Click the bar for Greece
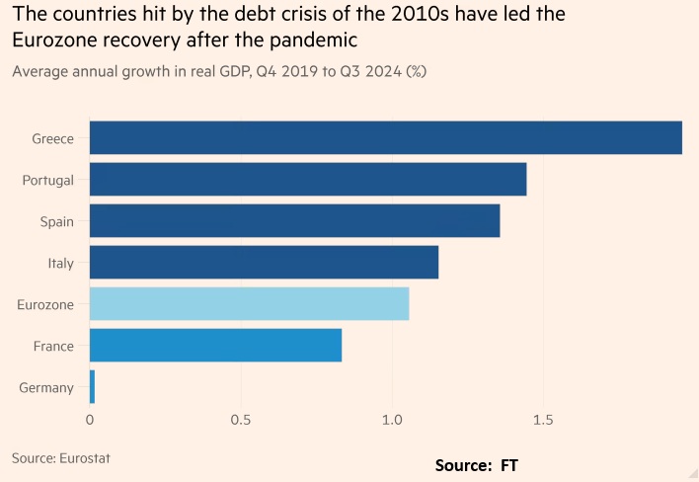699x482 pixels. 385,138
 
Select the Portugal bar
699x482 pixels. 307,180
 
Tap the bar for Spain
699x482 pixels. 294,221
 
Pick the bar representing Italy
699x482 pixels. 264,263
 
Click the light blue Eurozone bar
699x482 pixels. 249,304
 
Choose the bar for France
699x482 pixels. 215,346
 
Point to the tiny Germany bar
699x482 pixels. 92,387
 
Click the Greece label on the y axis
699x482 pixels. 52,138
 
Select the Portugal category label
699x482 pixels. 48,180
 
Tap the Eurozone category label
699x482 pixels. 45,304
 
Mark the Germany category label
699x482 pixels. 46,387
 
